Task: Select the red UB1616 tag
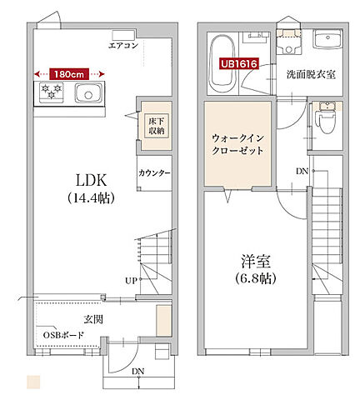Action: pos(238,62)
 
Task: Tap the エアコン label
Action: pos(124,45)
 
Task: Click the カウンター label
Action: pos(154,173)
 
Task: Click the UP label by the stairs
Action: pos(130,281)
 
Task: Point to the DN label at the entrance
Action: pos(138,372)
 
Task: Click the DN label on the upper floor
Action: pos(302,172)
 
